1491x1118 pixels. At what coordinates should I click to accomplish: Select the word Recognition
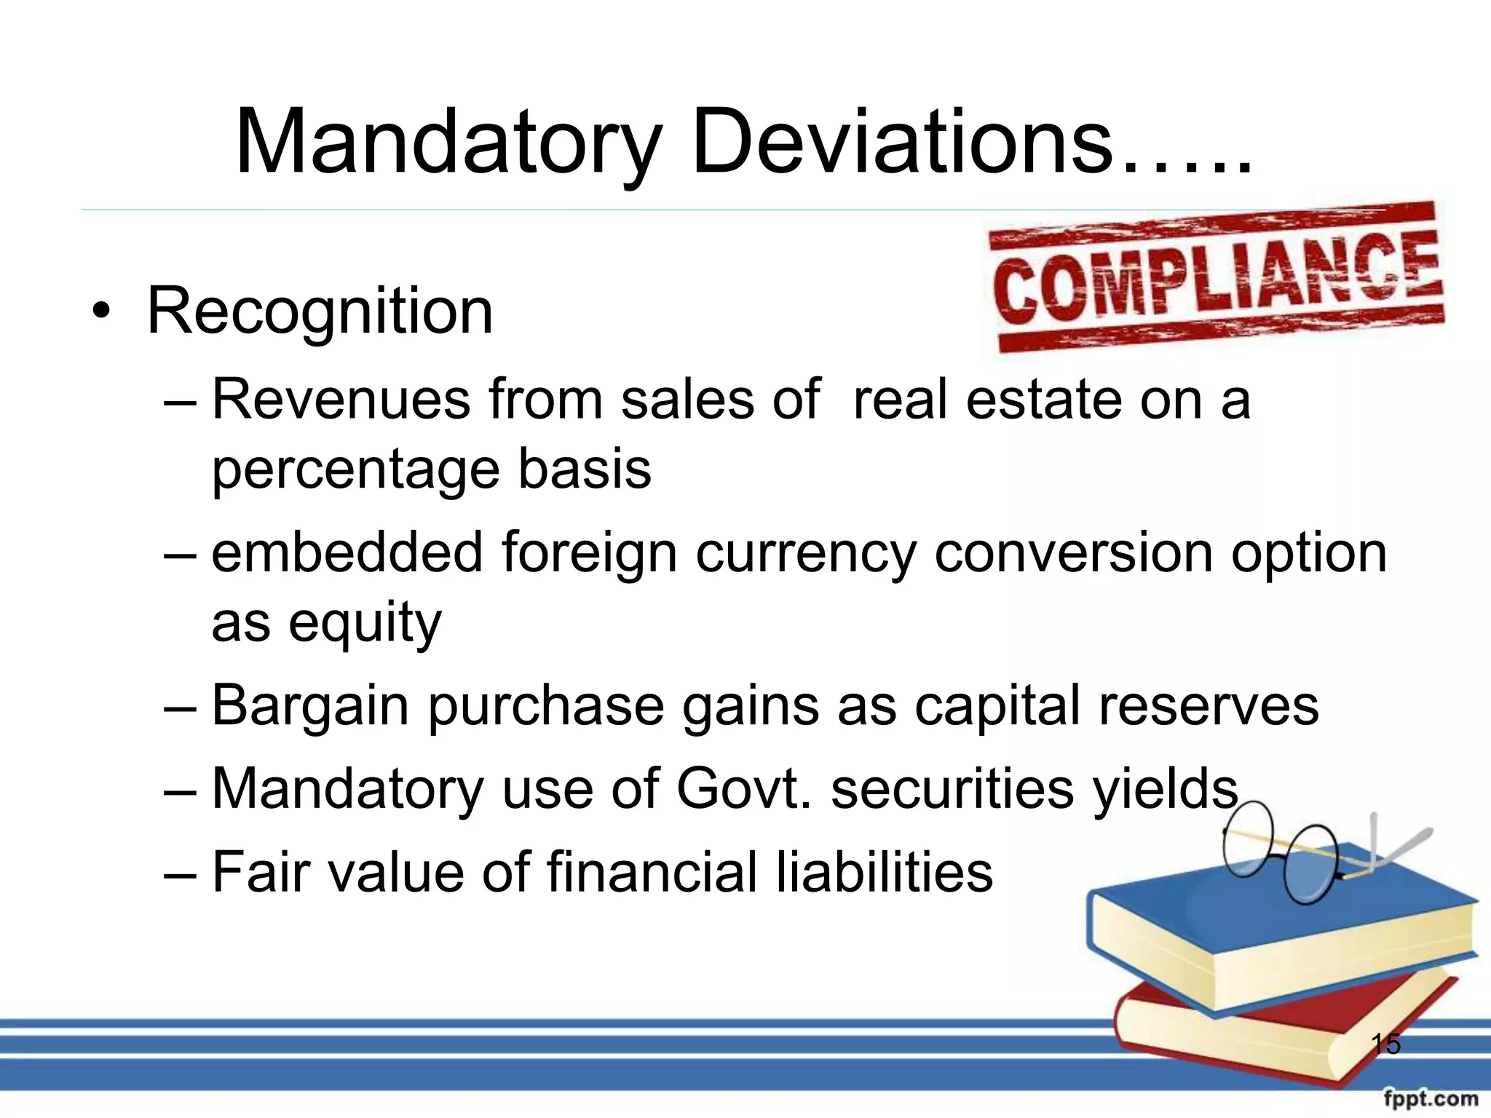tap(320, 312)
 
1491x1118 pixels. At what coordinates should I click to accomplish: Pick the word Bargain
tap(310, 706)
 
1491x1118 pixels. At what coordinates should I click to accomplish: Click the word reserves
tap(1208, 706)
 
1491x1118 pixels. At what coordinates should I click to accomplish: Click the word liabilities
tap(884, 872)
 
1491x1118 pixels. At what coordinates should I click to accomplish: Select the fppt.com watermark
tap(1431, 1098)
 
